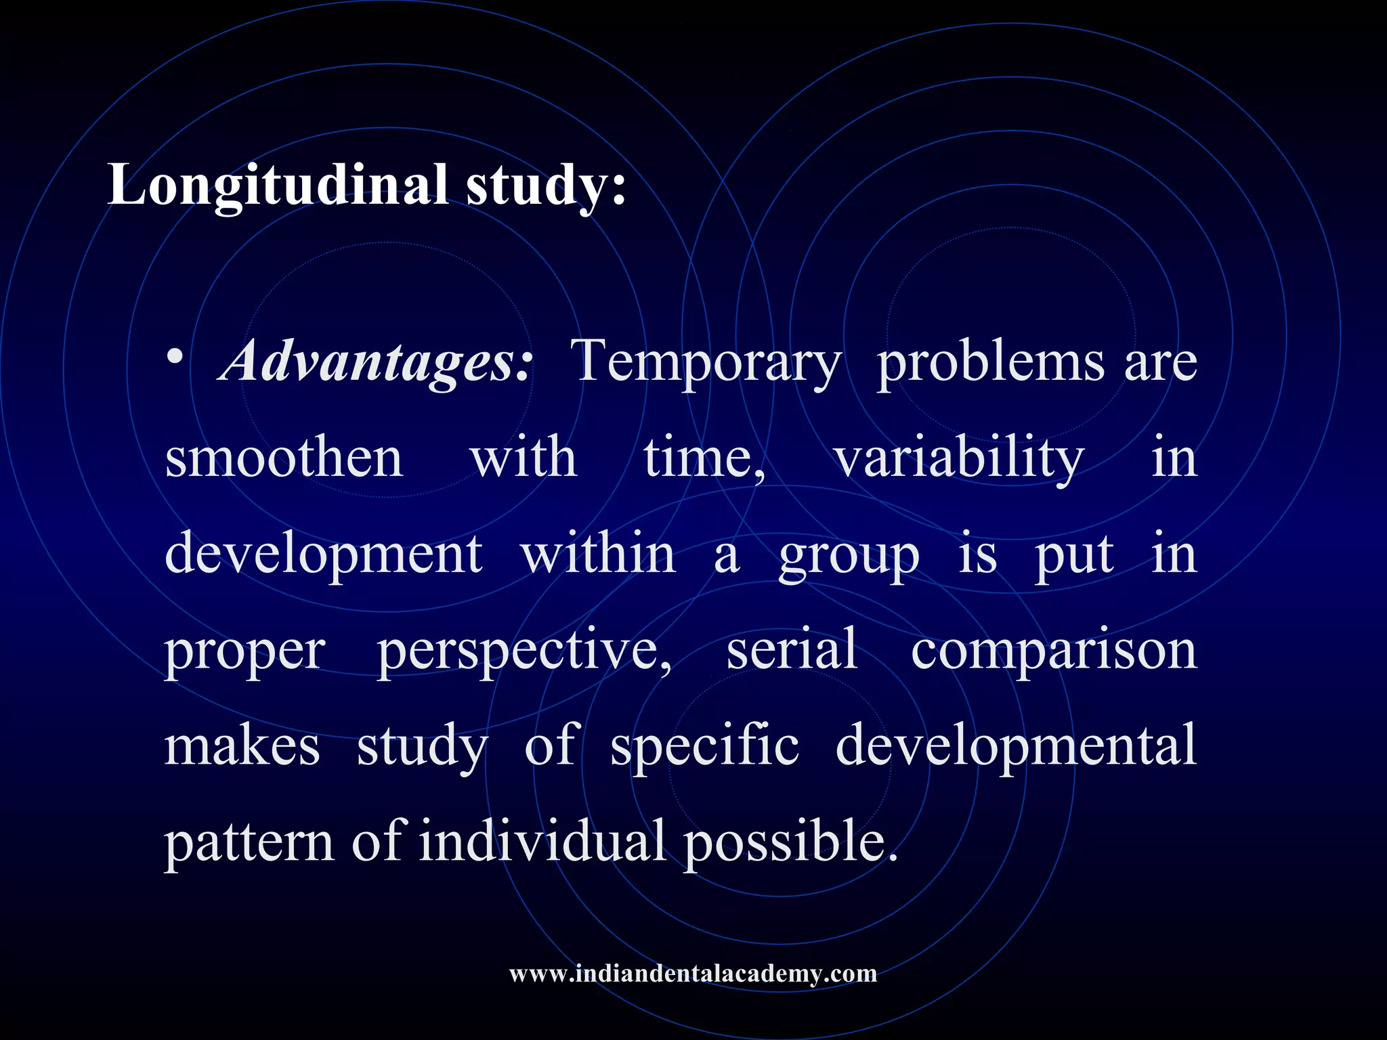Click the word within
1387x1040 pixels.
[599, 554]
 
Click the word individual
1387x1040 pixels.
[542, 842]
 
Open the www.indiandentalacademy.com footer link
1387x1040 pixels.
[693, 974]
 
